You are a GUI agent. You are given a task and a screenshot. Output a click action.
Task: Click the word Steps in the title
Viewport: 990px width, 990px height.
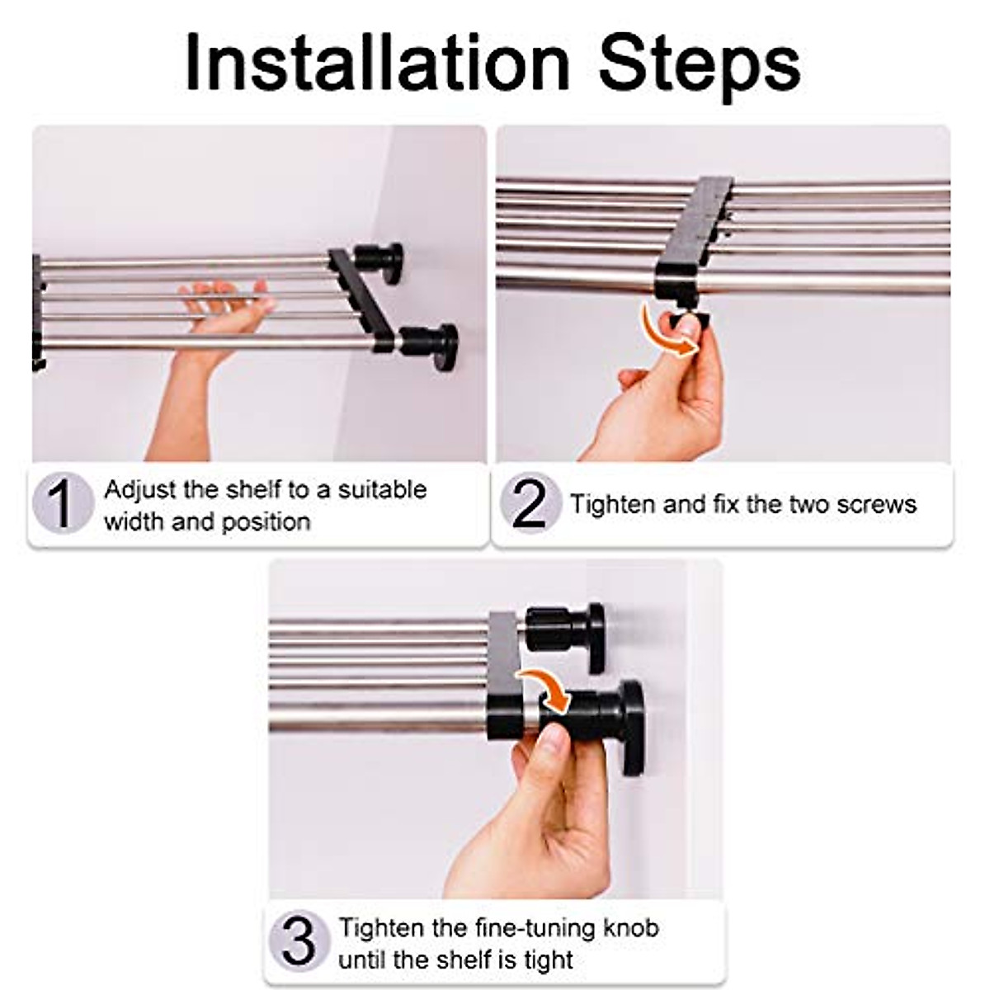point(700,64)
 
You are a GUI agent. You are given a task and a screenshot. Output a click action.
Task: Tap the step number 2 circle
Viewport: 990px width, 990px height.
point(529,502)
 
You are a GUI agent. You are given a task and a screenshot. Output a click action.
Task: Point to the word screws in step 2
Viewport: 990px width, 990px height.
point(877,504)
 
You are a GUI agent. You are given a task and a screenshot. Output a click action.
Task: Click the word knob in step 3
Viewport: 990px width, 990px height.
point(630,928)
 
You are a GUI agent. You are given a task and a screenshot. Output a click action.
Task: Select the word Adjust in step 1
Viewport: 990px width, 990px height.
point(140,489)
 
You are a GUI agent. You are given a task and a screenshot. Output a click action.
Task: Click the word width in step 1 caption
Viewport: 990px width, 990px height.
point(134,521)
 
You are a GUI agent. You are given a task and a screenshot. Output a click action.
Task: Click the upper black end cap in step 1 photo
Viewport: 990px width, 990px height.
point(381,262)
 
